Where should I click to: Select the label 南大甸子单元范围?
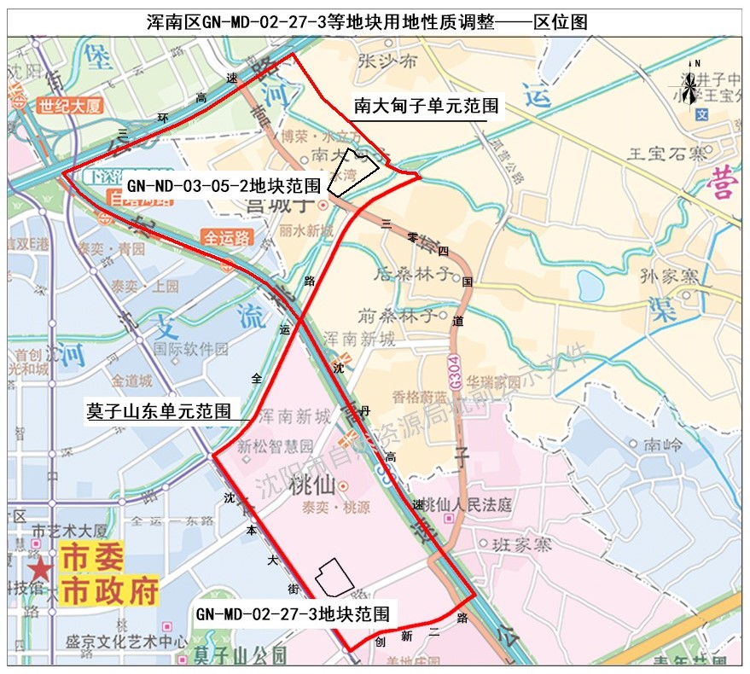pos(427,106)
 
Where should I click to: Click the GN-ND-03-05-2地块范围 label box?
pos(224,184)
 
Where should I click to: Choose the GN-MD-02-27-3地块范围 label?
pos(293,613)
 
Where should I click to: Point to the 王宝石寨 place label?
pos(667,154)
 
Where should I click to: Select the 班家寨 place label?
pos(521,544)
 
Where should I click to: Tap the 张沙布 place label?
pos(388,61)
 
